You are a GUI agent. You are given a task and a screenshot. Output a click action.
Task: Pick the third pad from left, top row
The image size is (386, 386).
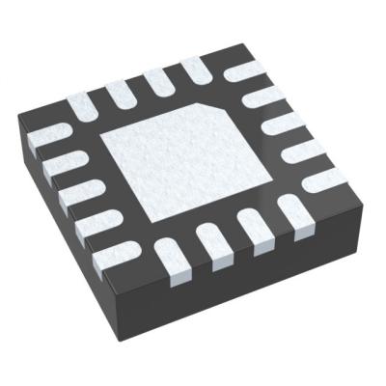tap(158, 79)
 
